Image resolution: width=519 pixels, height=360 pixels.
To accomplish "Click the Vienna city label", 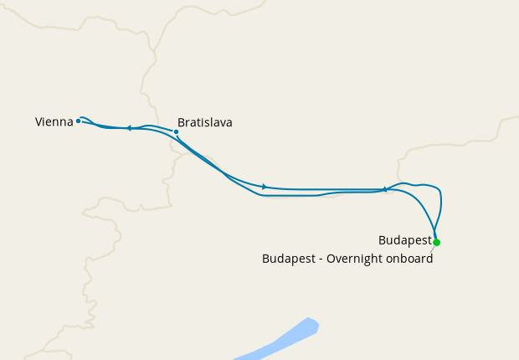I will pyautogui.click(x=54, y=122).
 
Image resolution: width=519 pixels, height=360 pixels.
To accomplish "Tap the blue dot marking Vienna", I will pyautogui.click(x=79, y=121).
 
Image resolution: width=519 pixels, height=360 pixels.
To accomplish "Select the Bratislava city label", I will pyautogui.click(x=205, y=122).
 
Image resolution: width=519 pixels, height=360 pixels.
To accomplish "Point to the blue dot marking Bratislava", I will pyautogui.click(x=176, y=131).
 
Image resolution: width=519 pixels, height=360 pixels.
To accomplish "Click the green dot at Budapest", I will pyautogui.click(x=436, y=243).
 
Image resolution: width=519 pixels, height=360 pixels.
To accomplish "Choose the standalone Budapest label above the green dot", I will pyautogui.click(x=404, y=240).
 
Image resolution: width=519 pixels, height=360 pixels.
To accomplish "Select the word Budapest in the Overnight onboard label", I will pyautogui.click(x=289, y=259).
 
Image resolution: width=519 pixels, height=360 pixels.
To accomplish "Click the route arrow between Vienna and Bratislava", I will pyautogui.click(x=129, y=128).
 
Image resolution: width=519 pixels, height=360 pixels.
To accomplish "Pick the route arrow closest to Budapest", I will pyautogui.click(x=384, y=189).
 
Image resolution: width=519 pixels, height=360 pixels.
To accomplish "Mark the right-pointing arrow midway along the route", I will pyautogui.click(x=265, y=187).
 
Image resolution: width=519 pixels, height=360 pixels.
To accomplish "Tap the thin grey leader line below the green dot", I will pyautogui.click(x=433, y=248).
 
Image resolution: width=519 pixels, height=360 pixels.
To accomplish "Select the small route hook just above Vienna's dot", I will pyautogui.click(x=85, y=118).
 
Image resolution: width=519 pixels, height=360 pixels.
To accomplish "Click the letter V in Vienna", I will pyautogui.click(x=39, y=122).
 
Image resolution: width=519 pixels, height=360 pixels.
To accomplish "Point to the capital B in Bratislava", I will pyautogui.click(x=182, y=122).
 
